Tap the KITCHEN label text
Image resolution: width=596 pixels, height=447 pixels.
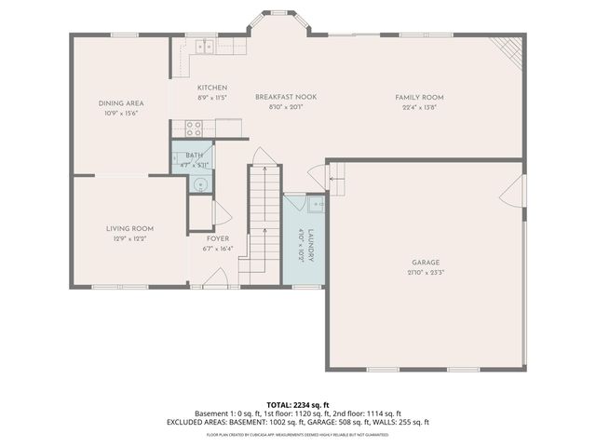click(211, 88)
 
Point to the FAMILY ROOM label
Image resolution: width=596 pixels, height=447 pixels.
click(419, 97)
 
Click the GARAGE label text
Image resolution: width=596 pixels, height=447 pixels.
click(426, 262)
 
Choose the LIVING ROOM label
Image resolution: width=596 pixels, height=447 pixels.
click(129, 228)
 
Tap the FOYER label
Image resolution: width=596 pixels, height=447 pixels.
click(218, 238)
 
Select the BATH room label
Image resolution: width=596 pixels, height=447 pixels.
click(194, 156)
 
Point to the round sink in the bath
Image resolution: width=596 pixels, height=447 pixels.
click(198, 183)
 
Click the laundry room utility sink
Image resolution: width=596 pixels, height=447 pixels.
click(317, 202)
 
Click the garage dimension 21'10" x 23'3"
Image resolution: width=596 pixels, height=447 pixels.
click(426, 272)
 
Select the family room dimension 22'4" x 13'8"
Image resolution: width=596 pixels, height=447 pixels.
click(419, 106)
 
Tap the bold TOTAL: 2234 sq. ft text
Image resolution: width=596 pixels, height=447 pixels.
click(297, 405)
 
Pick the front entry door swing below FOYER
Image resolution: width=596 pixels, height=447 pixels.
click(219, 278)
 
